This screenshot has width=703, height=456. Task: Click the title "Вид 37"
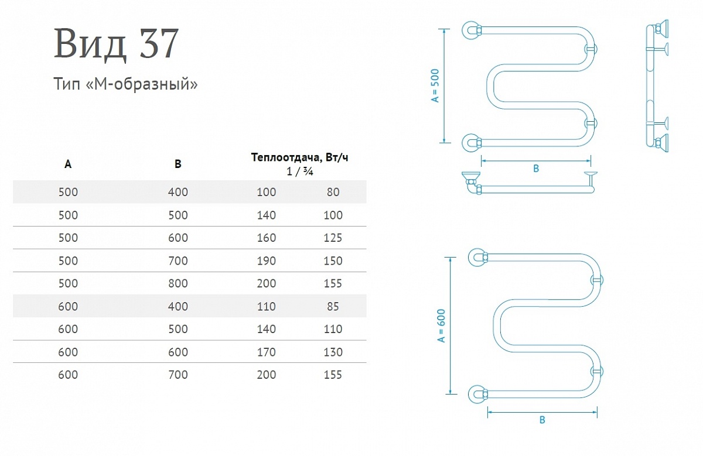[117, 43]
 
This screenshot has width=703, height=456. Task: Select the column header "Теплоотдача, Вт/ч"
[300, 157]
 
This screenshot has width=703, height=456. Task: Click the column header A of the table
[68, 164]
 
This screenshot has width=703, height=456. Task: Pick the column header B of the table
[178, 164]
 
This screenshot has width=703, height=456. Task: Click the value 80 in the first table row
[333, 192]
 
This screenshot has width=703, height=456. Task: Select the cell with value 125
[333, 238]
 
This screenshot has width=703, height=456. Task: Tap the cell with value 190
[267, 260]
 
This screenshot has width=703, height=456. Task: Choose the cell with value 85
[333, 306]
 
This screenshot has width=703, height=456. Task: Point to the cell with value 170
[267, 352]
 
